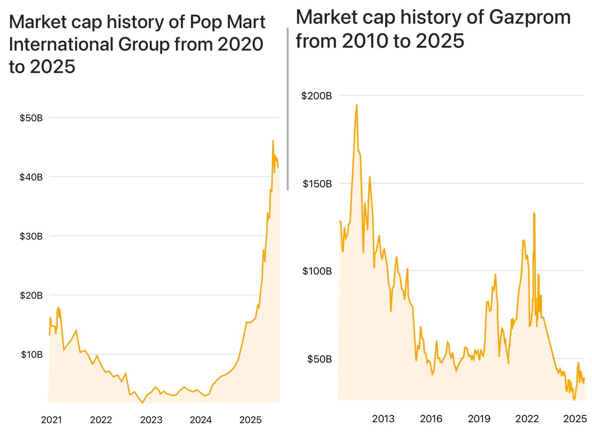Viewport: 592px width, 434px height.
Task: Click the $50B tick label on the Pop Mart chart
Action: (x=31, y=118)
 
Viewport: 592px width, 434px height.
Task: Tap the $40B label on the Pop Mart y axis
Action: (x=31, y=177)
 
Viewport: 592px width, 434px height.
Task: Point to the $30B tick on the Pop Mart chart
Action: (x=31, y=236)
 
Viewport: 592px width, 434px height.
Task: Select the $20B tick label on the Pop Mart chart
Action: (x=31, y=295)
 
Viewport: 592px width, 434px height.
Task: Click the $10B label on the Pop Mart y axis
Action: (x=32, y=355)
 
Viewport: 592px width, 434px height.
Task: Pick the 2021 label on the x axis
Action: (x=52, y=420)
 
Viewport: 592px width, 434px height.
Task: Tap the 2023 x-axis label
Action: (x=151, y=420)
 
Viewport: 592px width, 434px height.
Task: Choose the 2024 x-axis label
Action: (x=201, y=420)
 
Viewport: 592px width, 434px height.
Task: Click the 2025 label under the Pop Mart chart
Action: (x=250, y=420)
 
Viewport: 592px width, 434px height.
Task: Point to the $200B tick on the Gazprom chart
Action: (x=317, y=96)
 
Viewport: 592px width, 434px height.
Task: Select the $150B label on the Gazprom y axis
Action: (x=317, y=184)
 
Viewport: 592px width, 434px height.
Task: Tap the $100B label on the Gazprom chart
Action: (x=317, y=271)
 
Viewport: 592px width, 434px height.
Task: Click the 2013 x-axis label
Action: (x=383, y=419)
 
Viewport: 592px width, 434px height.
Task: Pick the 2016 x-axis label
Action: (x=431, y=419)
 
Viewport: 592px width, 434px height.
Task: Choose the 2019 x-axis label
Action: (x=479, y=419)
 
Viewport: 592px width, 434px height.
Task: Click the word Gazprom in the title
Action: (x=530, y=17)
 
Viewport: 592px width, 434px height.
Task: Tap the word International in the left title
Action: (x=61, y=44)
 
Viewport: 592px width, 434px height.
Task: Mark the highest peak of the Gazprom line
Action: (x=356, y=105)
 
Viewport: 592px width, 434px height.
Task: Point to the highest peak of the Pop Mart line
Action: (x=273, y=141)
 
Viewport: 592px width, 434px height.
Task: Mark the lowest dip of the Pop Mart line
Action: (x=143, y=403)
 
